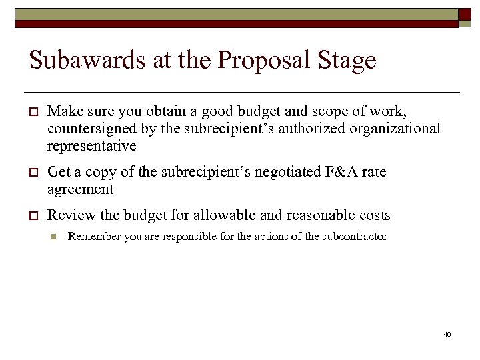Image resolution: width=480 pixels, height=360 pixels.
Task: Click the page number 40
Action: [447, 333]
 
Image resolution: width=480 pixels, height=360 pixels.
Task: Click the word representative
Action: [91, 145]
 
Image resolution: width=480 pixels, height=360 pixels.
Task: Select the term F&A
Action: [341, 172]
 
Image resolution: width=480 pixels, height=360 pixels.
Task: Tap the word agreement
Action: [81, 189]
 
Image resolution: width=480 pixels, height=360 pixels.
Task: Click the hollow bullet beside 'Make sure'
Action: [33, 111]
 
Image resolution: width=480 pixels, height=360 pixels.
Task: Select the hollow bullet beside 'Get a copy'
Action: [33, 173]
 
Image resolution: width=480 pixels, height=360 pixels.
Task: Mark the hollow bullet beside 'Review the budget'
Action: [33, 216]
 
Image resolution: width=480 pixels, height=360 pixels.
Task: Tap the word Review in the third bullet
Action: [69, 215]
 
